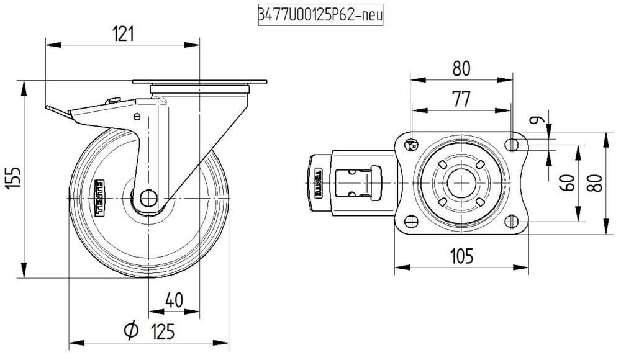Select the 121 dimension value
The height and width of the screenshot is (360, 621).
tap(123, 34)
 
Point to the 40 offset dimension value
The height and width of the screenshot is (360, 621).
tap(175, 300)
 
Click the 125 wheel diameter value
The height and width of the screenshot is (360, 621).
tap(162, 332)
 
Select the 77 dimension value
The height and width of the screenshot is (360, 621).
tap(461, 99)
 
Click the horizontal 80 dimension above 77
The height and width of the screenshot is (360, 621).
tap(461, 69)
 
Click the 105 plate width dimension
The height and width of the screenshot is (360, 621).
tap(461, 255)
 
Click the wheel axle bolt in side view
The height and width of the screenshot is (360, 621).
tap(148, 198)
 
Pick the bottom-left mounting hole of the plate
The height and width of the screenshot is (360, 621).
tap(410, 221)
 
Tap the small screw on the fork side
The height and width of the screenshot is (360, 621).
tap(137, 116)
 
